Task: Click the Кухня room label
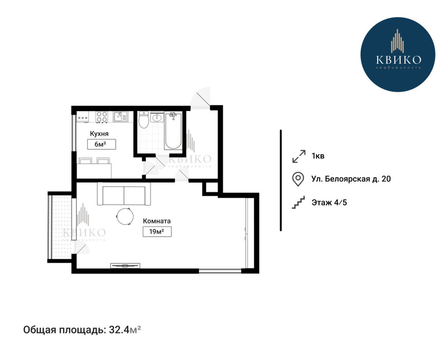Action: coord(99,134)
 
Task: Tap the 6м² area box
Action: coord(102,145)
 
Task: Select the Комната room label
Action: coord(157,221)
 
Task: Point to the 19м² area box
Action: coord(157,231)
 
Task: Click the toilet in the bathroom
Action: coord(144,120)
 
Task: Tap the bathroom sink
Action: coord(157,117)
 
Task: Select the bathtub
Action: coord(173,130)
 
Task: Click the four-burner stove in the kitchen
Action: coord(102,117)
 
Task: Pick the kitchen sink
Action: coord(121,116)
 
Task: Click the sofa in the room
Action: coord(124,194)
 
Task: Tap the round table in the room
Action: coord(124,217)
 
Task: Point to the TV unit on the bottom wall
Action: coord(125,265)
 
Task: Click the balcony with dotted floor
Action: coord(60,227)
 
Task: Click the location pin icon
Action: coord(298,179)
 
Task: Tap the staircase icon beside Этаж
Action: coord(298,203)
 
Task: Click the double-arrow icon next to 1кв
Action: coord(299,156)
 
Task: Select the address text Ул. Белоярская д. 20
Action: coord(351,179)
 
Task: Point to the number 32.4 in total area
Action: coord(119,330)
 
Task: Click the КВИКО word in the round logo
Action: coord(398,60)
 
